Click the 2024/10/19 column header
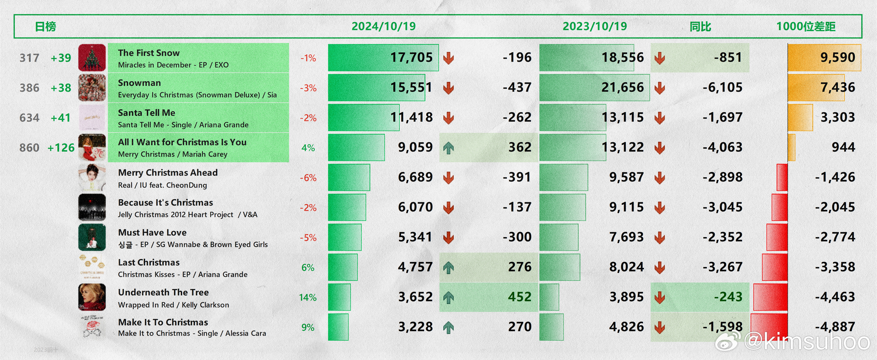[x=383, y=26]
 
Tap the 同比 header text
[x=700, y=26]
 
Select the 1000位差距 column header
[x=806, y=26]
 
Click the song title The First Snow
[x=149, y=53]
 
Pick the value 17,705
[x=411, y=58]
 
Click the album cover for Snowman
[x=92, y=88]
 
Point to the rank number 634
[x=29, y=118]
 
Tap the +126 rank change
[x=61, y=148]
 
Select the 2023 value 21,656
[x=622, y=87]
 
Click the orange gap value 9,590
[x=837, y=58]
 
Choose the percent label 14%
[x=308, y=298]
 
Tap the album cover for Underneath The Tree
[x=92, y=297]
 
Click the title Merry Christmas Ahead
[x=168, y=173]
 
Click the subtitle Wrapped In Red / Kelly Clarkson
[x=173, y=305]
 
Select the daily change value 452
[x=520, y=297]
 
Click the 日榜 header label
[x=45, y=26]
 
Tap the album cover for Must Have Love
[x=92, y=237]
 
